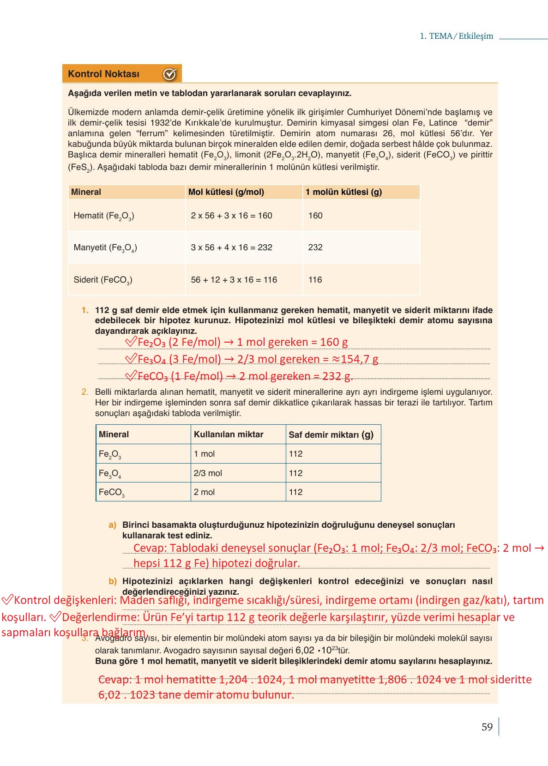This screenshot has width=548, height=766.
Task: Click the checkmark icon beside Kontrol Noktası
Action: coord(169,74)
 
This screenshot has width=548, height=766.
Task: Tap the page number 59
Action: coord(487,727)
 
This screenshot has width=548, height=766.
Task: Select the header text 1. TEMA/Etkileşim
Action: coord(456,36)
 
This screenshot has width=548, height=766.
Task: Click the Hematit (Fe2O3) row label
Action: coord(104,216)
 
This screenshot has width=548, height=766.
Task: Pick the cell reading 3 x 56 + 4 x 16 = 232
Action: coord(231,247)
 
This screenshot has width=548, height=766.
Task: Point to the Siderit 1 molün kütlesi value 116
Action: coord(315,280)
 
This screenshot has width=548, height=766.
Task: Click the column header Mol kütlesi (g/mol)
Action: coord(226,192)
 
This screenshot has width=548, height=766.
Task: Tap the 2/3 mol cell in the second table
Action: coord(208,473)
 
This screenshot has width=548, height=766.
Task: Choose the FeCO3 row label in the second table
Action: coord(111,492)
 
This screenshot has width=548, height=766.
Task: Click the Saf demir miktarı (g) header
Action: coord(331,434)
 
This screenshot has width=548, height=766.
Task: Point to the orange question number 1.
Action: coord(84,310)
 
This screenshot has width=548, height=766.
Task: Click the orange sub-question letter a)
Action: coord(112,525)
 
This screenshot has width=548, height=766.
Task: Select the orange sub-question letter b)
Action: coord(112,581)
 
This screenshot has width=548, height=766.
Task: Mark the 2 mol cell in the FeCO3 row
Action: coord(204,492)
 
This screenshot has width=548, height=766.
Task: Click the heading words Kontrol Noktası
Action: coord(103,74)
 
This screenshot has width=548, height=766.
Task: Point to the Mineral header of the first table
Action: coord(86,192)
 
